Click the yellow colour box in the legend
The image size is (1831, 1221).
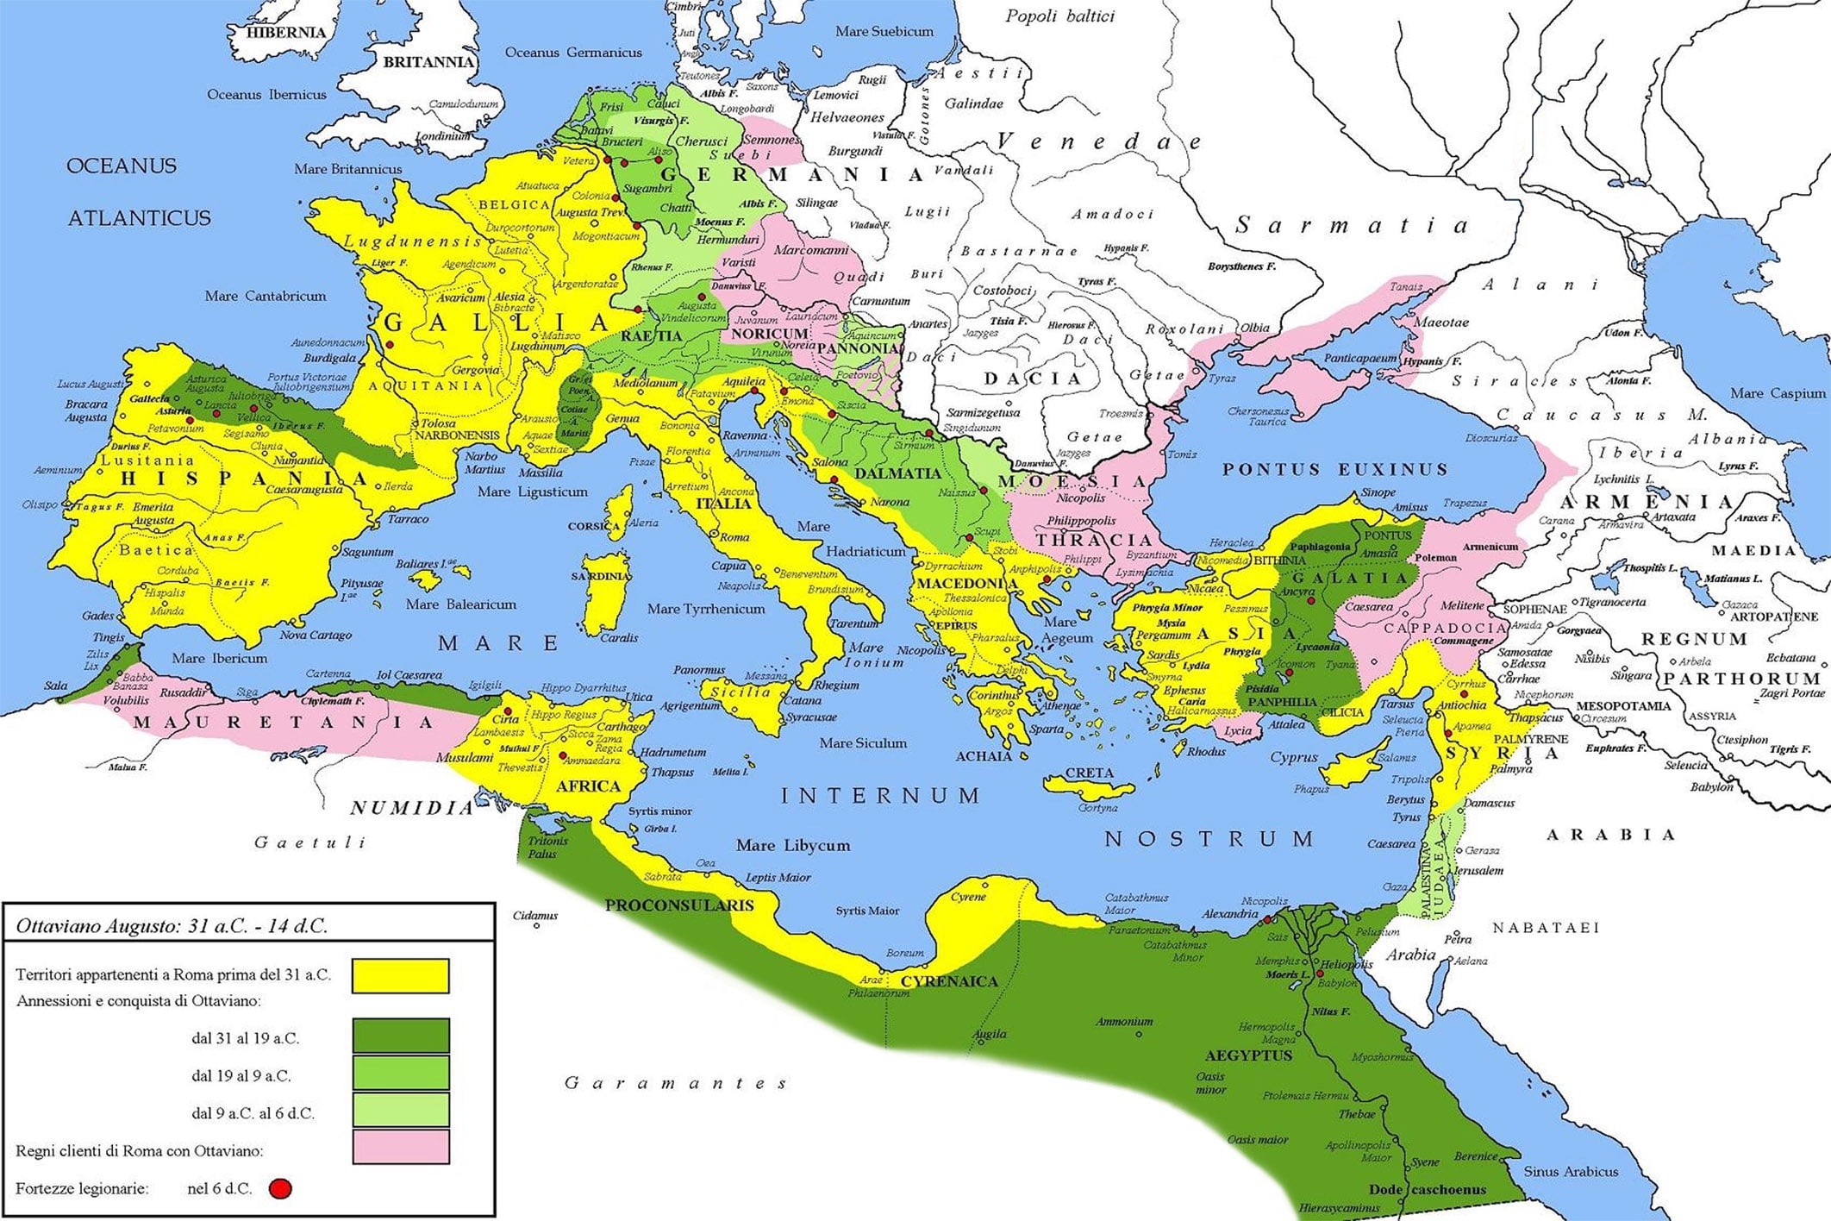click(x=400, y=976)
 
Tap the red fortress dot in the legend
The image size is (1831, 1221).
click(x=280, y=1189)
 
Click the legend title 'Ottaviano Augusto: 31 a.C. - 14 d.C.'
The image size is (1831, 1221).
click(x=172, y=927)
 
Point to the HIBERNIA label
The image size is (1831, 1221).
click(x=286, y=33)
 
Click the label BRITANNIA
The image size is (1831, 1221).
click(x=428, y=62)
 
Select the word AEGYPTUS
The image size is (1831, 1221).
click(x=1248, y=1055)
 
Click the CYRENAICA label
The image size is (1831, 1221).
click(x=949, y=981)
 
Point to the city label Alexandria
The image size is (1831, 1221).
click(x=1230, y=914)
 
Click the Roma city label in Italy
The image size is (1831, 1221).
click(x=734, y=537)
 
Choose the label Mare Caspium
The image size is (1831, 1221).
click(x=1778, y=393)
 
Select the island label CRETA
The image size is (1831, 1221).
click(x=1090, y=773)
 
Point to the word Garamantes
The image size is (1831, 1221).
click(x=676, y=1083)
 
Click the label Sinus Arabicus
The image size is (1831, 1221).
click(x=1571, y=1172)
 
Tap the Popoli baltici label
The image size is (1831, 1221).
click(x=1059, y=16)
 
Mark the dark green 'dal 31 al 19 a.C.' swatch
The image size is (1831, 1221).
click(x=400, y=1036)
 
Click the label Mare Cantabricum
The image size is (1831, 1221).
click(x=266, y=296)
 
